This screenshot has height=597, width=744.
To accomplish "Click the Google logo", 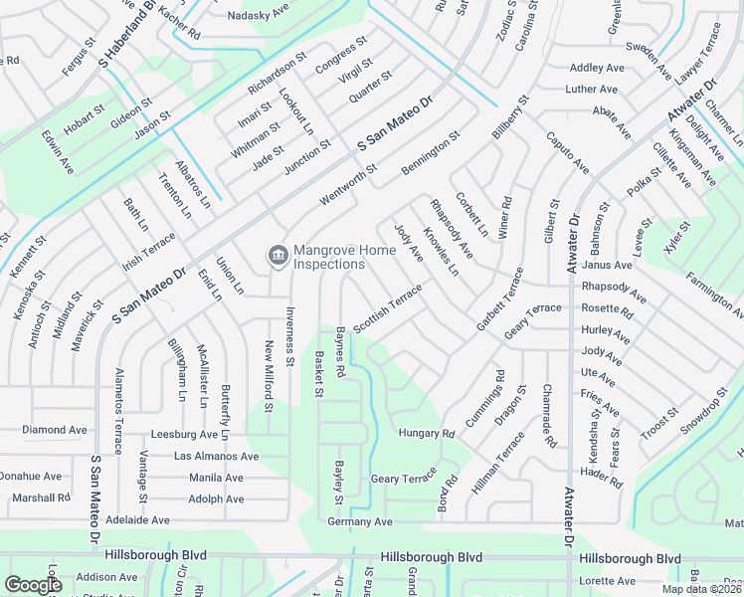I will (x=33, y=585).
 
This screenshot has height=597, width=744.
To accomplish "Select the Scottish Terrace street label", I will (x=388, y=307).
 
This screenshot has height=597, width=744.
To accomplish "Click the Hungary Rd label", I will (x=426, y=434).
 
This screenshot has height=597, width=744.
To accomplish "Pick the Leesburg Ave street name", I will (x=184, y=435).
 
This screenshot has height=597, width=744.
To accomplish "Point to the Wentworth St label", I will (x=349, y=185).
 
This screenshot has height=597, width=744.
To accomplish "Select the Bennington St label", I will (x=431, y=154).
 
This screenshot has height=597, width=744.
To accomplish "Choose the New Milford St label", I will (x=269, y=376).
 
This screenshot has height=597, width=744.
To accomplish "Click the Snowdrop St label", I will (x=704, y=410).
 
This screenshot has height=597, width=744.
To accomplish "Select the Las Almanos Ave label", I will (x=216, y=456).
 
